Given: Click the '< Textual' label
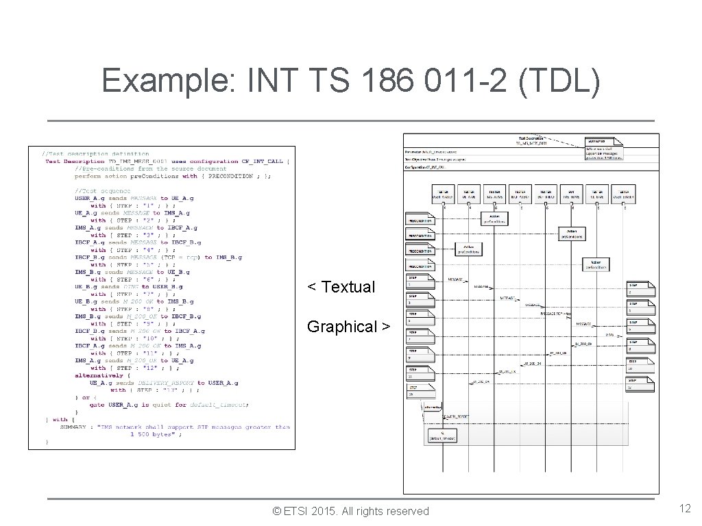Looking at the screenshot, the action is point(341,287).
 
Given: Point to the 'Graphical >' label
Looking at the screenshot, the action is point(348,327).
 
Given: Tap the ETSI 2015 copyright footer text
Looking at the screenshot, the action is point(350,511).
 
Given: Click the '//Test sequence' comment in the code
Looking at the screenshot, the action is point(103,190).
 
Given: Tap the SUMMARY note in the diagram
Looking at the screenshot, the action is point(603,149).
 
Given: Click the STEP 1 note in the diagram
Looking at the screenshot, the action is point(420,281).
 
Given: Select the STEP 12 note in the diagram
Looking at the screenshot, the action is point(642,386).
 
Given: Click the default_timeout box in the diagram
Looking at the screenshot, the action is point(442,436).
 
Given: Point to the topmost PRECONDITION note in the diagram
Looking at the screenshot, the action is point(420,220).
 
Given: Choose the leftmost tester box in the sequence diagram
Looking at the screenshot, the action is point(443,194).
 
